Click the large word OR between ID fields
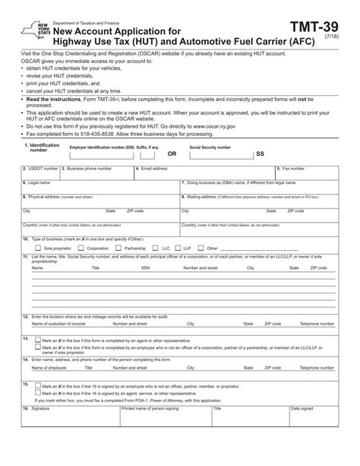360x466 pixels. coord(171,153)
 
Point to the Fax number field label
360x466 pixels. coord(292,168)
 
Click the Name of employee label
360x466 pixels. coord(49,367)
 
